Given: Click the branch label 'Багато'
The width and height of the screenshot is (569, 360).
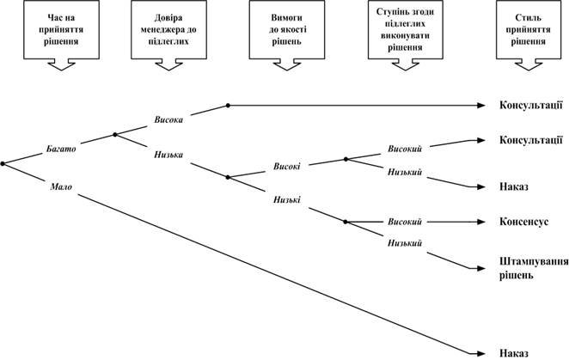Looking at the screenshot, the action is pos(61,149).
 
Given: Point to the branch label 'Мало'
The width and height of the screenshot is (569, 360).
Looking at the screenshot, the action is pos(61,187).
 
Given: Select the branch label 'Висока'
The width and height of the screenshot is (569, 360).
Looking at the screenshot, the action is pos(168,119).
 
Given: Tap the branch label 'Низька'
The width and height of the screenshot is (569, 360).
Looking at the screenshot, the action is pos(168,155).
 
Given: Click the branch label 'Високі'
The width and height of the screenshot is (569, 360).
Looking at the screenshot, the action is pos(287,167).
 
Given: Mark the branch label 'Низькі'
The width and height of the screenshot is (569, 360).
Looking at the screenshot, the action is pos(287,199).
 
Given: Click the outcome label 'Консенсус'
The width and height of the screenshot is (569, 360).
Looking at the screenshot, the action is pos(523,222).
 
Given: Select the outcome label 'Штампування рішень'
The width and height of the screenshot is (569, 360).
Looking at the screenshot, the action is pos(534,269).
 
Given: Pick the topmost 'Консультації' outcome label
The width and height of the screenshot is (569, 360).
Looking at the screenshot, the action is pos(531,105).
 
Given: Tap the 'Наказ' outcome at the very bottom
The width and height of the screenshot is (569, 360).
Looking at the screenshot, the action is pos(514,353).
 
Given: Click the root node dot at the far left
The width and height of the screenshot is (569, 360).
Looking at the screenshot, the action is pos(3,164).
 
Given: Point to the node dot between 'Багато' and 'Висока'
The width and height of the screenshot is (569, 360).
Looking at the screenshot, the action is pos(115,135).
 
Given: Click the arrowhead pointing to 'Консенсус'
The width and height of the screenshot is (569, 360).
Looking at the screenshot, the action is pos(481,222).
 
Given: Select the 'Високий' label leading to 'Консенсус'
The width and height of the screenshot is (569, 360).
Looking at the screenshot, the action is pos(405,222).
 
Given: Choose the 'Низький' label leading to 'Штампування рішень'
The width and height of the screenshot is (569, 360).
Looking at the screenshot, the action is pos(405,243).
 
